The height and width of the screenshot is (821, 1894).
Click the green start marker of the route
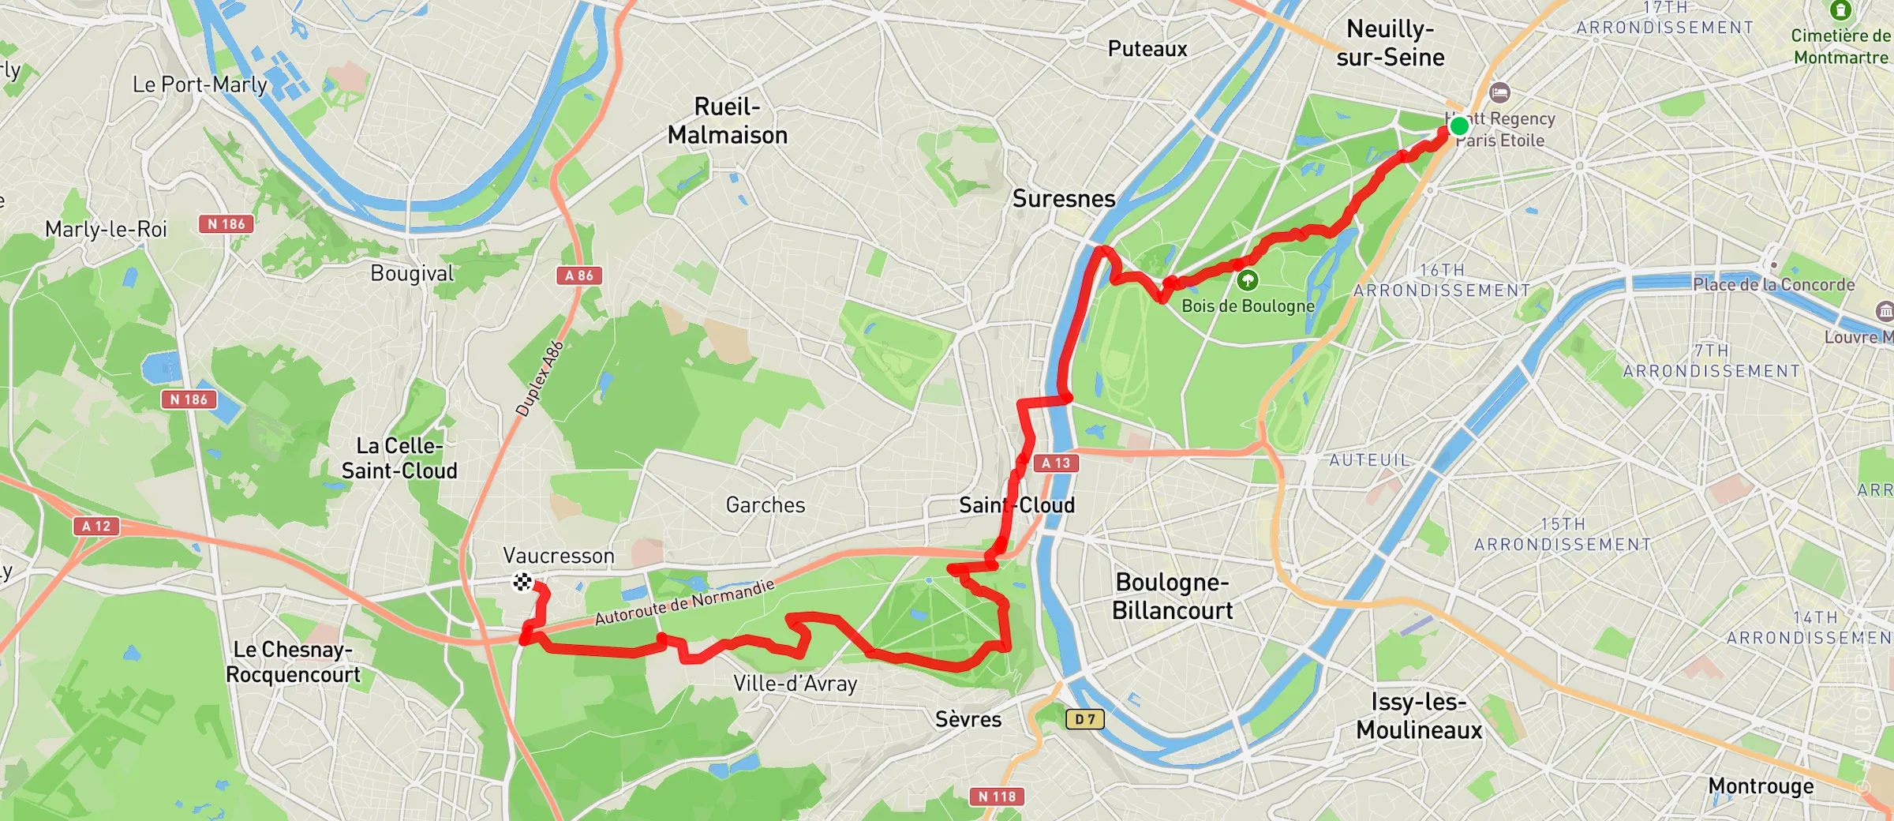pyautogui.click(x=1459, y=125)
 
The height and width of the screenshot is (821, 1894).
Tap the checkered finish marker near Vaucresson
pyautogui.click(x=522, y=582)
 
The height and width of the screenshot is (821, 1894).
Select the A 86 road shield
pyautogui.click(x=579, y=276)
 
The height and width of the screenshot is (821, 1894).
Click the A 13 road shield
pyautogui.click(x=1056, y=463)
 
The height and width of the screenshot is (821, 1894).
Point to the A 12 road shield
pyautogui.click(x=96, y=526)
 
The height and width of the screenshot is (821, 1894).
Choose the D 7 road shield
pyautogui.click(x=1085, y=718)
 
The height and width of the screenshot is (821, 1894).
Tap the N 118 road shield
pyautogui.click(x=997, y=797)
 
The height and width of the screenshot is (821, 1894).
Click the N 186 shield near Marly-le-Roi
pyautogui.click(x=226, y=224)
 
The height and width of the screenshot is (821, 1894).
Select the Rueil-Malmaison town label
pyautogui.click(x=728, y=121)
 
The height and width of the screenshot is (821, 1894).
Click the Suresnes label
pyautogui.click(x=1064, y=198)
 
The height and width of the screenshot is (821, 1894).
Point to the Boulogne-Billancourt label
pyautogui.click(x=1172, y=596)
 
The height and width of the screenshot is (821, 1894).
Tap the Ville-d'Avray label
pyautogui.click(x=795, y=684)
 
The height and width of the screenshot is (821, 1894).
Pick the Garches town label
pyautogui.click(x=765, y=504)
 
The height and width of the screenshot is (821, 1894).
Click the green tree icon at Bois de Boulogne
pyautogui.click(x=1248, y=279)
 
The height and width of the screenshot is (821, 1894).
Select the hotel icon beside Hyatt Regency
pyautogui.click(x=1499, y=93)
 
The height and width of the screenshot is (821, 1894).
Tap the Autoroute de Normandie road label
pyautogui.click(x=685, y=602)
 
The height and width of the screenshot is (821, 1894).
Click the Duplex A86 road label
pyautogui.click(x=540, y=378)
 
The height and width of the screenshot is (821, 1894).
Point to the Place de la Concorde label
pyautogui.click(x=1773, y=284)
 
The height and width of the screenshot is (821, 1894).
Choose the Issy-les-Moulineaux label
pyautogui.click(x=1419, y=715)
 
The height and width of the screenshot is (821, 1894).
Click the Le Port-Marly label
pyautogui.click(x=200, y=84)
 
